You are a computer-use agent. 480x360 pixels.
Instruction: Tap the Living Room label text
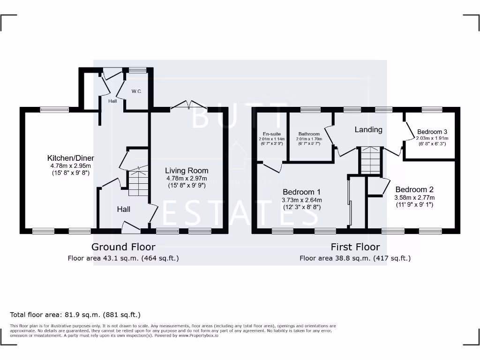(x=187, y=171)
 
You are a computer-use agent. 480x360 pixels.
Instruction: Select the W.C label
(x=136, y=91)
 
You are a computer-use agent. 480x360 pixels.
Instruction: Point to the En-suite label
(x=272, y=134)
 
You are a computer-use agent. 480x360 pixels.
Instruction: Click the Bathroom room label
(x=309, y=134)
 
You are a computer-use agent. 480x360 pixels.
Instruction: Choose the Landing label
(x=368, y=129)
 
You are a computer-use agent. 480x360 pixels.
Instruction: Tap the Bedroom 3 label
(x=432, y=132)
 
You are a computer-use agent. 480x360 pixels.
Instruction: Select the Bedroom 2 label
(x=414, y=189)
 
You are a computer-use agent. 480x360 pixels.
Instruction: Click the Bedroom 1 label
(x=301, y=192)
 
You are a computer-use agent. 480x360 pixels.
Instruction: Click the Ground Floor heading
(x=123, y=247)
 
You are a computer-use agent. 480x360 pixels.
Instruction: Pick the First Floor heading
(x=355, y=247)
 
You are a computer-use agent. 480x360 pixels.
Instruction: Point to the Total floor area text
(x=75, y=315)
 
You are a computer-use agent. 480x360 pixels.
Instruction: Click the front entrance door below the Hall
(x=131, y=228)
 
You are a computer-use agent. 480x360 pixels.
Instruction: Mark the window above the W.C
(x=137, y=70)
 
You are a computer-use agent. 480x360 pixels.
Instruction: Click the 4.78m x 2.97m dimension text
(x=187, y=179)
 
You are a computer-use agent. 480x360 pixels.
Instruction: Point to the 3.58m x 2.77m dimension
(x=414, y=197)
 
